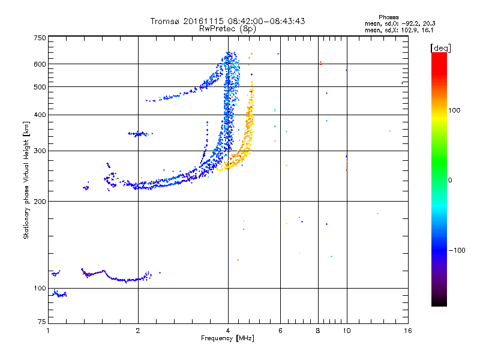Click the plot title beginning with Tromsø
pyautogui.click(x=227, y=21)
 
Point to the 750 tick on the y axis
pyautogui.click(x=40, y=37)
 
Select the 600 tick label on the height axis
pyautogui.click(x=40, y=64)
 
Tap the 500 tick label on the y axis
pyautogui.click(x=40, y=87)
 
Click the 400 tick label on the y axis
pyautogui.click(x=40, y=115)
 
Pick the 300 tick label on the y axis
pyautogui.click(x=40, y=151)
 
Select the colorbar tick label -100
pyautogui.click(x=457, y=250)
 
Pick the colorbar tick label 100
pyautogui.click(x=455, y=110)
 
